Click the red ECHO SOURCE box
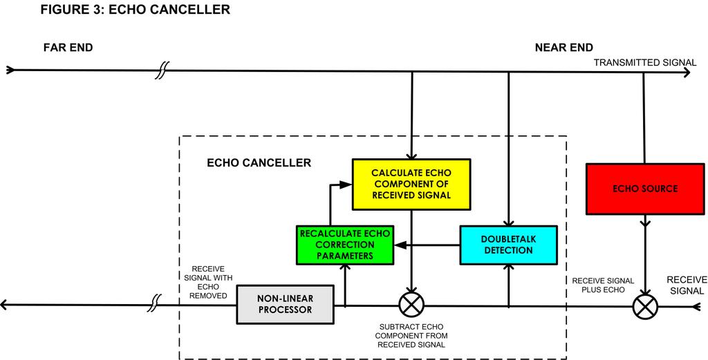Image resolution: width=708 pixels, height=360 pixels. click(644, 189)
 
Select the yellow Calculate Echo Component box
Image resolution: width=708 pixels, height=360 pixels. click(411, 184)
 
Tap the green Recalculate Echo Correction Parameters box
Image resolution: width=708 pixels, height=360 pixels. click(344, 244)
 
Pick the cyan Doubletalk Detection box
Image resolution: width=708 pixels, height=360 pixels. click(508, 244)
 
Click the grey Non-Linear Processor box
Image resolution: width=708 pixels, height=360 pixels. click(284, 304)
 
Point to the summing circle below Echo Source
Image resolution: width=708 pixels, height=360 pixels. click(644, 304)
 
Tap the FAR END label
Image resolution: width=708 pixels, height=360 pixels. click(68, 48)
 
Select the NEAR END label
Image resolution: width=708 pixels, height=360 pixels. click(563, 48)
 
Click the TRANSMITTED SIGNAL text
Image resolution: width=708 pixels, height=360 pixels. click(645, 63)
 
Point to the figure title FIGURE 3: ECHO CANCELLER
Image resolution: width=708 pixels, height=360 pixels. click(135, 10)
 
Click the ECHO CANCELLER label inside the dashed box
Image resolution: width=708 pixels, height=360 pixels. click(259, 163)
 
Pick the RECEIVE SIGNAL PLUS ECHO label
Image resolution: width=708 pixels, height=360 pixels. click(599, 285)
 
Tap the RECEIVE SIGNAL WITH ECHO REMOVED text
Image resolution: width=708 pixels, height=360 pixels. click(212, 282)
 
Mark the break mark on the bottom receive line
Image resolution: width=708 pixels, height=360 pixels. click(157, 304)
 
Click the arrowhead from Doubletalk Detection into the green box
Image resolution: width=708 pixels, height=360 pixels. click(398, 244)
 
